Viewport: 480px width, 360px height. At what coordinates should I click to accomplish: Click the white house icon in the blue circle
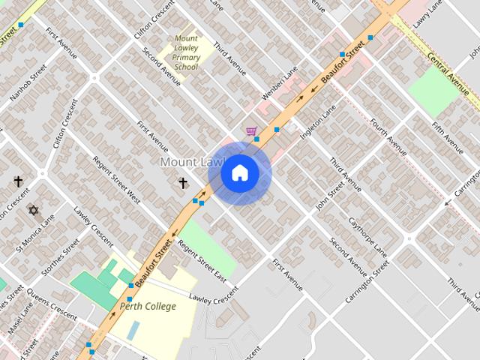pos(239,173)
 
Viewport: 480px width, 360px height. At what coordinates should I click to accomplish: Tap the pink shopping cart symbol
pos(252,132)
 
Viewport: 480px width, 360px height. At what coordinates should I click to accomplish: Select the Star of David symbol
pos(33,210)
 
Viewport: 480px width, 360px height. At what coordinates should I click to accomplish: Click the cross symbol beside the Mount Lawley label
pos(182,182)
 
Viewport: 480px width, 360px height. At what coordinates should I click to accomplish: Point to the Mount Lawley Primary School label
pos(186,52)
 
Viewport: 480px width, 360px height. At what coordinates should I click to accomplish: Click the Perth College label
pos(148,306)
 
